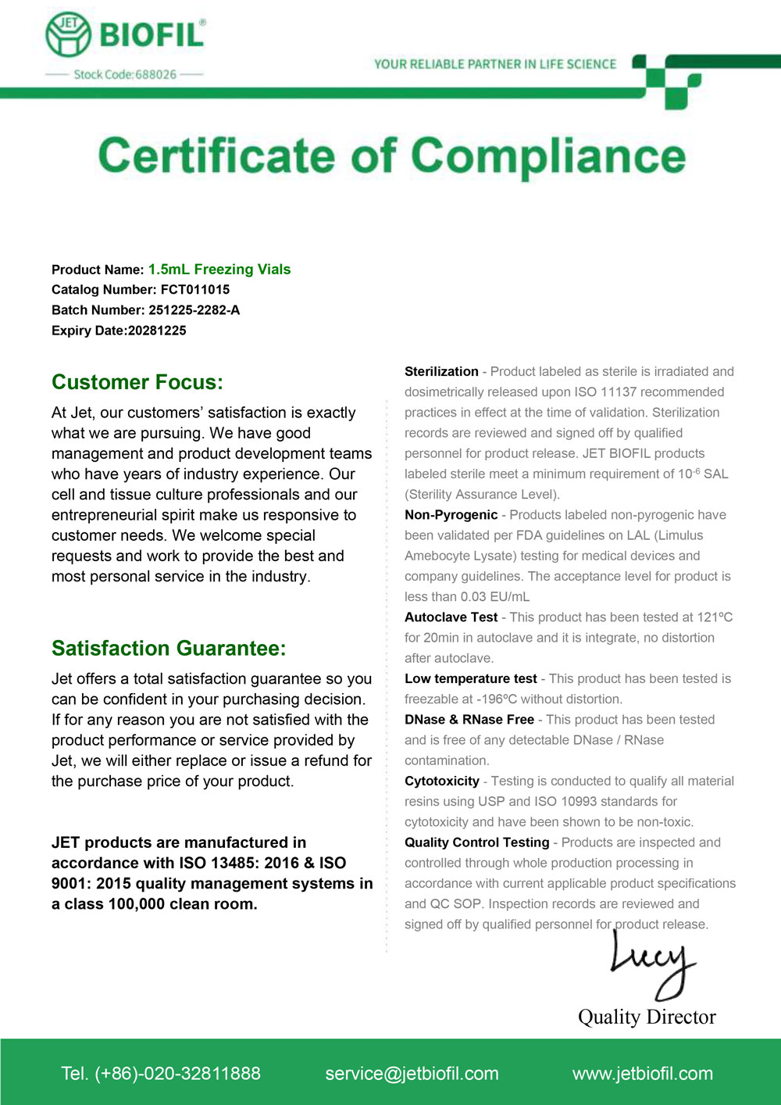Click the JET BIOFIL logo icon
pyautogui.click(x=69, y=34)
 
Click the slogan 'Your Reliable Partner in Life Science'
pyautogui.click(x=495, y=64)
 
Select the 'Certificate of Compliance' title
pyautogui.click(x=391, y=156)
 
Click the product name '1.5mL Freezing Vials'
pyautogui.click(x=219, y=269)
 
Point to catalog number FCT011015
pyautogui.click(x=195, y=289)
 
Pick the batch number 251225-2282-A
pyautogui.click(x=194, y=309)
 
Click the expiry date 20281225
pyautogui.click(x=157, y=330)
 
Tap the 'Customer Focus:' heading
pyautogui.click(x=137, y=382)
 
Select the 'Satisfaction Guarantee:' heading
pyautogui.click(x=169, y=648)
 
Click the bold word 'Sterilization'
pyautogui.click(x=441, y=371)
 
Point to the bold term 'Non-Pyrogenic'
pyautogui.click(x=451, y=514)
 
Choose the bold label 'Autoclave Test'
pyautogui.click(x=451, y=617)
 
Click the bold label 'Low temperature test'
pyautogui.click(x=470, y=678)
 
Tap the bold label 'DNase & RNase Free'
pyautogui.click(x=469, y=719)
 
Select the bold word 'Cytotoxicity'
pyautogui.click(x=441, y=781)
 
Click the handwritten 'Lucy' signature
pyautogui.click(x=653, y=966)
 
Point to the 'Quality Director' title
pyautogui.click(x=647, y=1016)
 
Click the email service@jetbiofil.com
pyautogui.click(x=412, y=1073)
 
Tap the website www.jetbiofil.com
pyautogui.click(x=642, y=1073)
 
